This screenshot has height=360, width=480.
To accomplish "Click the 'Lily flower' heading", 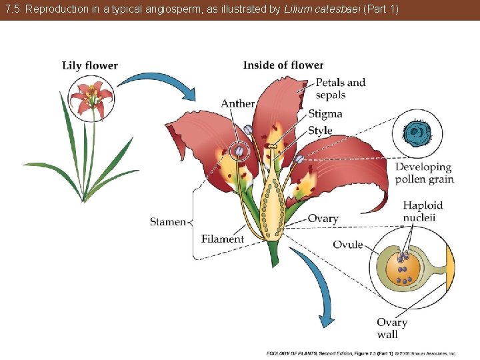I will pyautogui.click(x=89, y=65).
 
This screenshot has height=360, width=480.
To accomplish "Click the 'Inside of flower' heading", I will pyautogui.click(x=283, y=65).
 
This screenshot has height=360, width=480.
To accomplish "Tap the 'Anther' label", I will pyautogui.click(x=237, y=103).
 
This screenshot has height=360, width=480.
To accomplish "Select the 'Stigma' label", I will pyautogui.click(x=325, y=114).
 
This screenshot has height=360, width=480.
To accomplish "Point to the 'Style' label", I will pyautogui.click(x=320, y=130).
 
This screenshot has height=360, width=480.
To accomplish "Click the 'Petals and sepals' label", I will pyautogui.click(x=340, y=89).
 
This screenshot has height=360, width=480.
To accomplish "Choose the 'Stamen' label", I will pyautogui.click(x=167, y=222).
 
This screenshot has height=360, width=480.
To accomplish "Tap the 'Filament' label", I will pyautogui.click(x=223, y=239).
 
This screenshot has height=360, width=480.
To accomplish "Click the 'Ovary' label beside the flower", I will pyautogui.click(x=323, y=219).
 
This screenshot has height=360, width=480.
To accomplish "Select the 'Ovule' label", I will pyautogui.click(x=348, y=245).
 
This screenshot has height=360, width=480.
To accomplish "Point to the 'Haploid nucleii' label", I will pyautogui.click(x=423, y=211).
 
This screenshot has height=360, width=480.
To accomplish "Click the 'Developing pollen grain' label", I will pyautogui.click(x=424, y=173).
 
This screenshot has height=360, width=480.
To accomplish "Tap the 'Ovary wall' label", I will pyautogui.click(x=391, y=328).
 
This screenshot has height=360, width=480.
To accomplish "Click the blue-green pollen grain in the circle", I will pyautogui.click(x=419, y=133).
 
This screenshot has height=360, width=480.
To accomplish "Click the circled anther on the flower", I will pyautogui.click(x=238, y=151).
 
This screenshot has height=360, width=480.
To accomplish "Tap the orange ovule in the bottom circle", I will pyautogui.click(x=403, y=267).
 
